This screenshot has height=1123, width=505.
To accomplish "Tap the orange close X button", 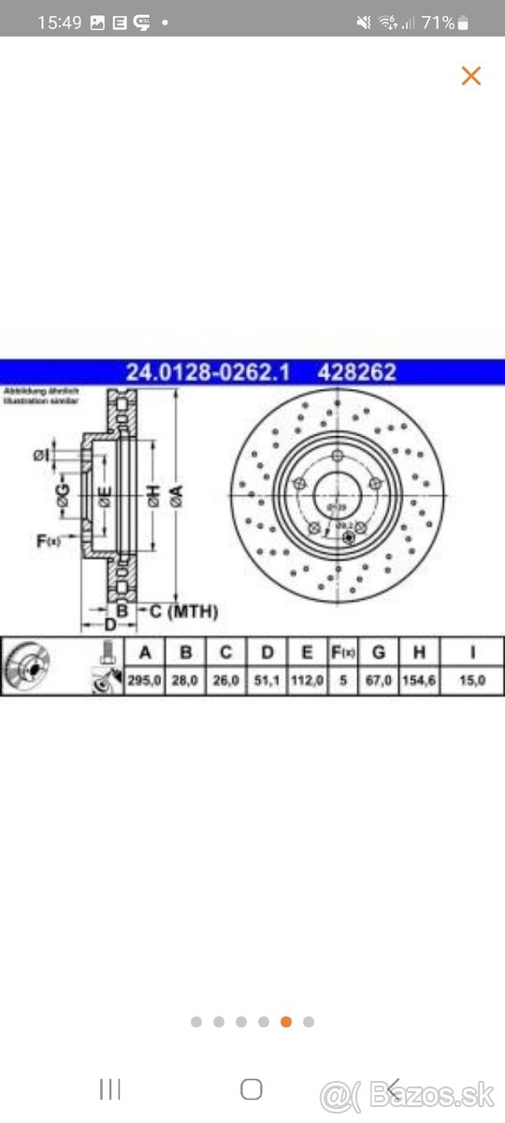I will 470,76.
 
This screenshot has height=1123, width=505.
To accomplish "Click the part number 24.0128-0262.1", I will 208,372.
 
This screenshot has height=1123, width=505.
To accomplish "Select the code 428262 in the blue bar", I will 357,372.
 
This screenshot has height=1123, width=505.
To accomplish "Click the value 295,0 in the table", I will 144,680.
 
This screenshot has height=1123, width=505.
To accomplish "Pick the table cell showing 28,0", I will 185,680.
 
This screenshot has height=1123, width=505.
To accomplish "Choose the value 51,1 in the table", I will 268,680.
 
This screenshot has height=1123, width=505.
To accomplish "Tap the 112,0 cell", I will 308,680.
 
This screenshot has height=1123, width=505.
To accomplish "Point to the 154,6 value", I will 419,680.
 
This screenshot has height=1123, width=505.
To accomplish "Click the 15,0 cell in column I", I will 473,680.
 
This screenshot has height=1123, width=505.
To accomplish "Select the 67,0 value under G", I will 379,680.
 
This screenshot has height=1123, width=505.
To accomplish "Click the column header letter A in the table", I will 144,652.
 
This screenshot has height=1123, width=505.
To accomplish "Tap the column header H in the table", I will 419,652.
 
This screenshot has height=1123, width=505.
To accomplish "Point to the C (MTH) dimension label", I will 184,611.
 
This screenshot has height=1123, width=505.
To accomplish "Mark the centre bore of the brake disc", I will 338,489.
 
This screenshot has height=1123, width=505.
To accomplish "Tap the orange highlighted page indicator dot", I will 286,1022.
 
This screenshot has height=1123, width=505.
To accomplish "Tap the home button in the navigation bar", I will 252,1088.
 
